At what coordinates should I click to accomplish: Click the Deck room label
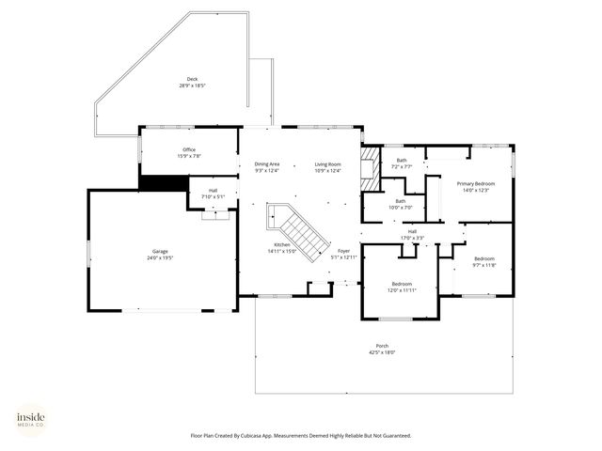coord(192,82)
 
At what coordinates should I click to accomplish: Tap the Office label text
coord(189,152)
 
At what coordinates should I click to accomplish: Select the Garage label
coord(161,253)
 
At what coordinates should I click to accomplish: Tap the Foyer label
coord(343,254)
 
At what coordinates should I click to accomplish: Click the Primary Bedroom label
coord(476,186)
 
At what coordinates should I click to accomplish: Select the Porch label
coord(382,349)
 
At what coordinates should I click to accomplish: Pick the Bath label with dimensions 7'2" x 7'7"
coord(402,163)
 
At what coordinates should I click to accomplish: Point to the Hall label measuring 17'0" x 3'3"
coord(412,234)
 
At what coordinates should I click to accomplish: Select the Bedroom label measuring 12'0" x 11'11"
coord(402,287)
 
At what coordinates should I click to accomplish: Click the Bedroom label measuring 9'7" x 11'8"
coord(483,261)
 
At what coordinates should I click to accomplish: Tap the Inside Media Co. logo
coord(30,418)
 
